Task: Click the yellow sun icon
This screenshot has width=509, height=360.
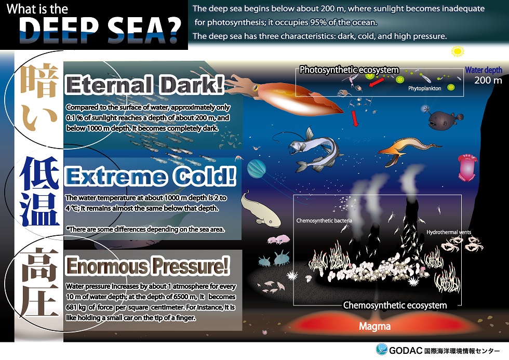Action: point(458,51)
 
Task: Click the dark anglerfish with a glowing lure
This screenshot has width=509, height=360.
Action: point(444,119)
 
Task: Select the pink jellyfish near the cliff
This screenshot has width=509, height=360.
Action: point(467,167)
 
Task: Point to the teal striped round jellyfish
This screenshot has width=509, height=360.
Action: point(257,169)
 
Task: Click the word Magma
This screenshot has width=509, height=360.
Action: point(374,326)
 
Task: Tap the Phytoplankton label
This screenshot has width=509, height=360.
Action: point(425,88)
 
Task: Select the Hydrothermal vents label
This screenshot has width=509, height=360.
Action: point(449,232)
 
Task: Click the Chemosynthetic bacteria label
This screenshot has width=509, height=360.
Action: point(324,220)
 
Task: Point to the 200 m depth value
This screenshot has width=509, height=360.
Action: point(488,80)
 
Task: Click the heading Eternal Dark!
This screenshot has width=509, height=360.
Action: point(145,85)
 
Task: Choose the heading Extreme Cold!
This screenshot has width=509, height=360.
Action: point(150,176)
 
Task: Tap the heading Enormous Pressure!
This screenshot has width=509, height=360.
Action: point(148,266)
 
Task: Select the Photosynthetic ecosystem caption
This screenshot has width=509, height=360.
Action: point(349,70)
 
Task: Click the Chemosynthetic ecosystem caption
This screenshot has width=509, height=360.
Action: point(395,305)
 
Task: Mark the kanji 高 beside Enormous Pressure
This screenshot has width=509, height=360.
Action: point(39,263)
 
